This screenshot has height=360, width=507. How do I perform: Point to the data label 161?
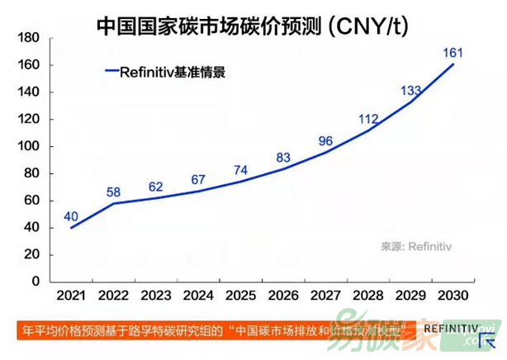[x=453, y=54]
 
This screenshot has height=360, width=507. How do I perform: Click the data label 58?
[x=114, y=192]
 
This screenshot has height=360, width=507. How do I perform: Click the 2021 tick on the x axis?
[x=71, y=295]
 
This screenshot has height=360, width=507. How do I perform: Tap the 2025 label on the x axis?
[x=241, y=295]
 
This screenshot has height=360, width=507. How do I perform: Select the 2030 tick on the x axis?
[x=453, y=295]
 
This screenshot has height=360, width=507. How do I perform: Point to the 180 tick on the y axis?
[x=28, y=39]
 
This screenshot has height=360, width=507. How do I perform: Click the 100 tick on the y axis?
[x=28, y=147]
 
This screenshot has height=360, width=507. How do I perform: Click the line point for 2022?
[x=114, y=203]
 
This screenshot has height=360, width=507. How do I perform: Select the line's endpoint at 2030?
[x=453, y=64]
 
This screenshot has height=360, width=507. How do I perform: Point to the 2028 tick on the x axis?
[x=368, y=295]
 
